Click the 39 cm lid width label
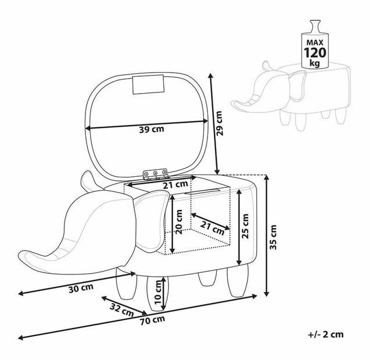point(152,129)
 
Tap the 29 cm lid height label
point(219,123)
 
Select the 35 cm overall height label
point(273,237)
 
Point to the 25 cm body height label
point(245,226)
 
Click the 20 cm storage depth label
point(179,222)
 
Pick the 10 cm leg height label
point(158,292)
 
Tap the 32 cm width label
point(122,310)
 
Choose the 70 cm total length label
point(152,320)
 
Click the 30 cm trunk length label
point(81,288)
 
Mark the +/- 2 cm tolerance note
point(325,334)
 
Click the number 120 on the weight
point(315,52)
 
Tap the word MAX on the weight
point(315,42)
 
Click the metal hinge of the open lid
point(155,174)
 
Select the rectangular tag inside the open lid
point(148,84)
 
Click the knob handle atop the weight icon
point(315,26)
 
